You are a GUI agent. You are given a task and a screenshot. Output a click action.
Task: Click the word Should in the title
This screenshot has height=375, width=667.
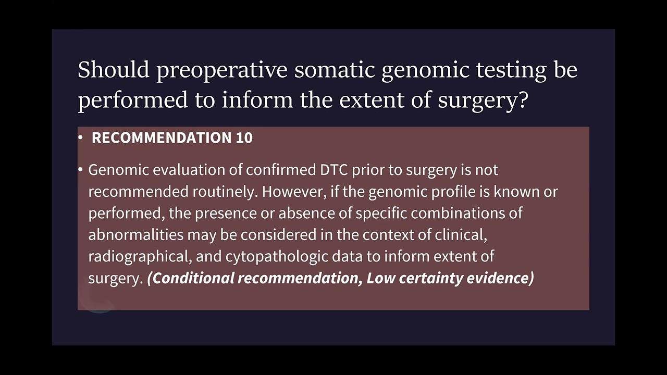click(114, 69)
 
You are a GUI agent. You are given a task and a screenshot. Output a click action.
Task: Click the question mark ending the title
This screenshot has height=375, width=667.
click(523, 99)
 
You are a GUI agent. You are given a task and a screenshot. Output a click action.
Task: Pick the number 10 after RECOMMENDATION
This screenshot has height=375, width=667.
click(244, 138)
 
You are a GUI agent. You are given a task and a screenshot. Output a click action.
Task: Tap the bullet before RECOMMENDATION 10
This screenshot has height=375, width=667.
click(80, 138)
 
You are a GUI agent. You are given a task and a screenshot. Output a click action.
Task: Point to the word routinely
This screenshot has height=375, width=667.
click(225, 192)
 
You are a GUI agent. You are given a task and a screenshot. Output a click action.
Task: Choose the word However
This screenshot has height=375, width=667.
click(293, 192)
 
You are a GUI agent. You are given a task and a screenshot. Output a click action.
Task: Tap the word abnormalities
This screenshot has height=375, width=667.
click(135, 235)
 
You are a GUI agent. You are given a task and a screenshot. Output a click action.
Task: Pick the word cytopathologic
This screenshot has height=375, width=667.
click(276, 256)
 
